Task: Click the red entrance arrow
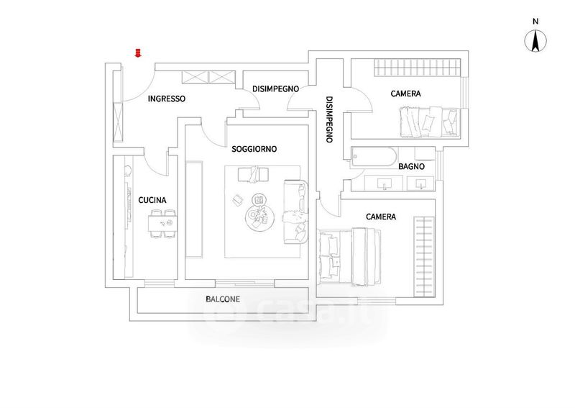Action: tap(138, 53)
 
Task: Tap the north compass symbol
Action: tap(535, 41)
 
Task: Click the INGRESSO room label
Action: tap(167, 99)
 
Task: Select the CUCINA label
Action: tap(152, 200)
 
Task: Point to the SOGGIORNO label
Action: tap(254, 149)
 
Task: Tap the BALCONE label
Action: tap(223, 299)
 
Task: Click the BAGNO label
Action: tap(411, 166)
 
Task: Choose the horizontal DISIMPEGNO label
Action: tap(275, 89)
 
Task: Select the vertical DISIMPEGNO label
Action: tap(329, 119)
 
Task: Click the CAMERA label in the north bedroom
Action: tap(405, 94)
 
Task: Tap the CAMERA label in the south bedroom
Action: tap(381, 217)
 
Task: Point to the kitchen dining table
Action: tap(163, 223)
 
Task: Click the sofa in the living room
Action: tap(295, 212)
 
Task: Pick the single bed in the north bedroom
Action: tap(429, 122)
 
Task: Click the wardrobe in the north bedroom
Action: tap(417, 68)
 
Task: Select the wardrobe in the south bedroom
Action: tap(424, 257)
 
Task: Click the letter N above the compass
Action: tap(535, 22)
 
